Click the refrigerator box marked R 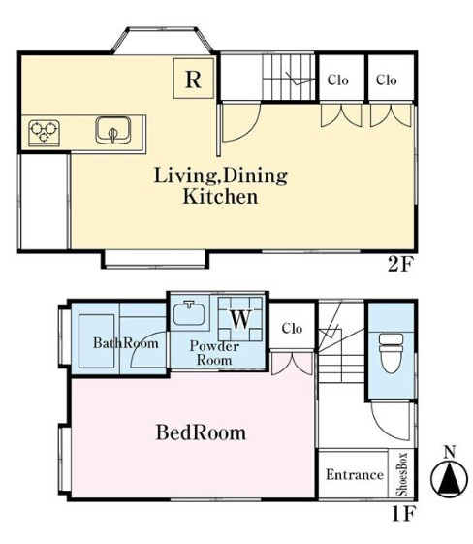click(x=194, y=79)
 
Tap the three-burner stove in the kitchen click(x=44, y=133)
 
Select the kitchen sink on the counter click(x=113, y=130)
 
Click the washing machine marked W click(x=240, y=319)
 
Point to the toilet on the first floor click(x=392, y=353)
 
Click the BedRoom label click(x=201, y=432)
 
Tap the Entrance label click(x=355, y=474)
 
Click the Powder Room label click(x=214, y=353)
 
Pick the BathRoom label click(x=126, y=343)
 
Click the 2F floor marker click(x=401, y=266)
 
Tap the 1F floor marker click(x=404, y=514)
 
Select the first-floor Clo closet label click(x=292, y=328)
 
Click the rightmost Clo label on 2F click(x=387, y=80)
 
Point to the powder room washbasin click(x=189, y=313)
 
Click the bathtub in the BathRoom click(x=96, y=341)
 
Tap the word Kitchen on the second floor click(x=220, y=197)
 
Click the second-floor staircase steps click(x=289, y=77)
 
